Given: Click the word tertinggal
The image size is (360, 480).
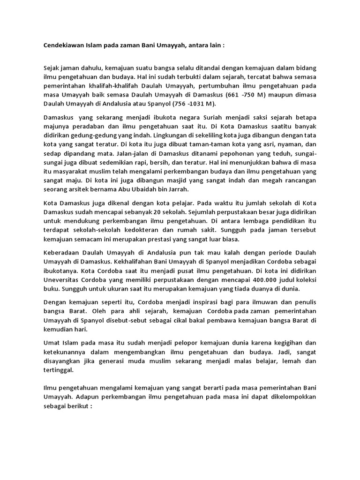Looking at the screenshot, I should [59, 370].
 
